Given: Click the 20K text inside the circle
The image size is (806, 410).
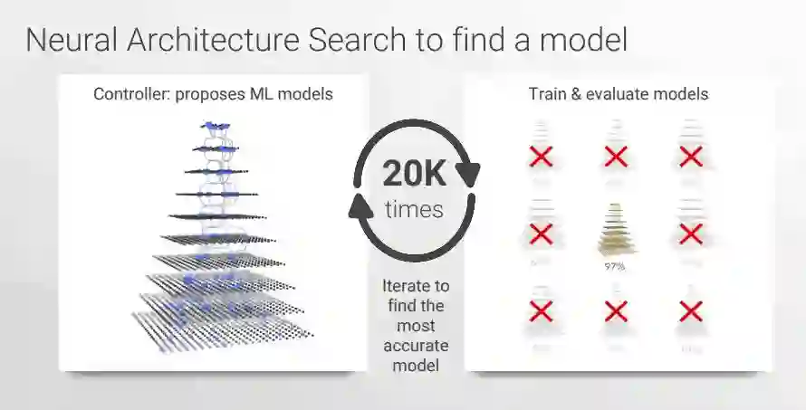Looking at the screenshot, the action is [x=413, y=173].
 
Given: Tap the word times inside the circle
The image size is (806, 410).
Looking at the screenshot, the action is [x=414, y=210].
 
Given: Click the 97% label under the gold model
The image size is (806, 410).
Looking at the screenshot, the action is [x=615, y=267].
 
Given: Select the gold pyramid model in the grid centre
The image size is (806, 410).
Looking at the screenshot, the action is [x=615, y=232].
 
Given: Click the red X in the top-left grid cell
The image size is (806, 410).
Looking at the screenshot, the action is [x=541, y=157].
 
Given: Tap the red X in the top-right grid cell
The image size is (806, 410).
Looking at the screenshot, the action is [x=690, y=157].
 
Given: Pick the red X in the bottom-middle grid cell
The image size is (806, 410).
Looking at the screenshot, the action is [x=616, y=312].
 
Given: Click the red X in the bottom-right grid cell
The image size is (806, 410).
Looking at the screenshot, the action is [x=690, y=312].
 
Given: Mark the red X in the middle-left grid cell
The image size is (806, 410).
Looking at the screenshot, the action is [x=541, y=234].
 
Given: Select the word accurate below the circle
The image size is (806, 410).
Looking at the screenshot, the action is [x=415, y=346].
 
